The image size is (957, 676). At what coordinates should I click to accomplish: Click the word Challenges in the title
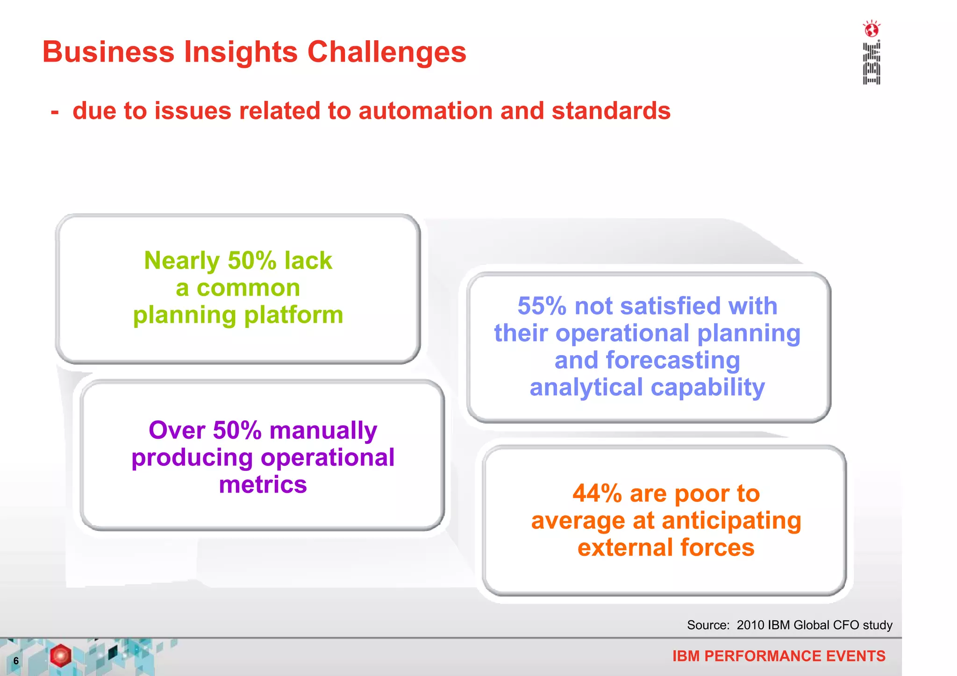pos(386,52)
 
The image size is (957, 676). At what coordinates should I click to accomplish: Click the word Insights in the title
pos(241,52)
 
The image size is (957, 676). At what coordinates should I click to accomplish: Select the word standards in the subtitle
pos(611,111)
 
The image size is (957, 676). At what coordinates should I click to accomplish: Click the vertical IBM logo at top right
pos(871,64)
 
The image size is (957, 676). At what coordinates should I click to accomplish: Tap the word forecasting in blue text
pos(673,361)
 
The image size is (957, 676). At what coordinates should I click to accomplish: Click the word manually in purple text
pos(323,430)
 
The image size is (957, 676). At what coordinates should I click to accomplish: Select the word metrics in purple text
pos(263,484)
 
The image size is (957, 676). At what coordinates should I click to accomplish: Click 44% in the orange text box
pos(597,494)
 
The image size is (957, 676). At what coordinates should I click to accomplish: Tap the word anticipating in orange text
pos(731,521)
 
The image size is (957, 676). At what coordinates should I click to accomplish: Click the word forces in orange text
pos(717,548)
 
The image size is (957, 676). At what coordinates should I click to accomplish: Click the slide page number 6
pos(16,661)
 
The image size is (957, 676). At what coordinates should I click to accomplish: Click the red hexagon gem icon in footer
pos(60,655)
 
